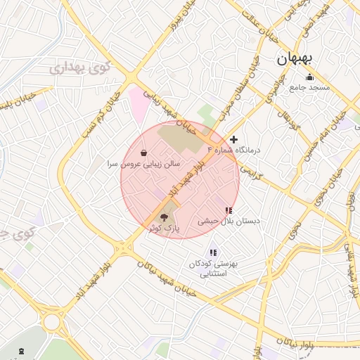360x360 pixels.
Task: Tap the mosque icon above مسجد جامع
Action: click(309, 77)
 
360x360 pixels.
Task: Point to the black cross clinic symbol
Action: click(234, 139)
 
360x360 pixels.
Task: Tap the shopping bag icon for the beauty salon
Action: click(144, 153)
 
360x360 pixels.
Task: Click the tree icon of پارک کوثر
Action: click(165, 217)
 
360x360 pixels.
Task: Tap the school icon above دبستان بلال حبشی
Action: click(228, 210)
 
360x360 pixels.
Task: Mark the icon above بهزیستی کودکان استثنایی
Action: click(213, 252)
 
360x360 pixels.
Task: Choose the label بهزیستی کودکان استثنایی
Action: click(214, 269)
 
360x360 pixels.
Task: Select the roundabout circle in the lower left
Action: click(51, 322)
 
